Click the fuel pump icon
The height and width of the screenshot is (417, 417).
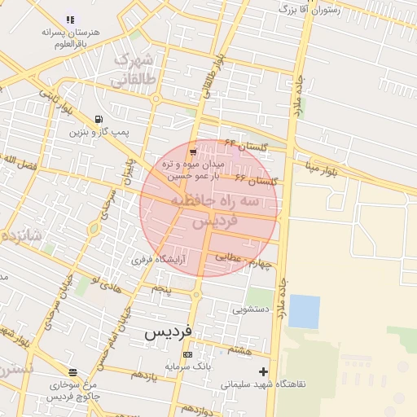[x=99, y=118]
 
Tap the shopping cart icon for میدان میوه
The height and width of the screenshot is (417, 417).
[x=192, y=151]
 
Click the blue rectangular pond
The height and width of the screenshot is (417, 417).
[x=304, y=311]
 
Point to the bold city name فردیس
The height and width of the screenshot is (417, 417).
[x=169, y=332]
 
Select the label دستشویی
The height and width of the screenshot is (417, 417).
[x=252, y=309]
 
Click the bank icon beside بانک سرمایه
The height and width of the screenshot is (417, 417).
[x=188, y=355]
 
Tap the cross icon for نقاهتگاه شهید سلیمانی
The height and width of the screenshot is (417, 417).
[x=262, y=371]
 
